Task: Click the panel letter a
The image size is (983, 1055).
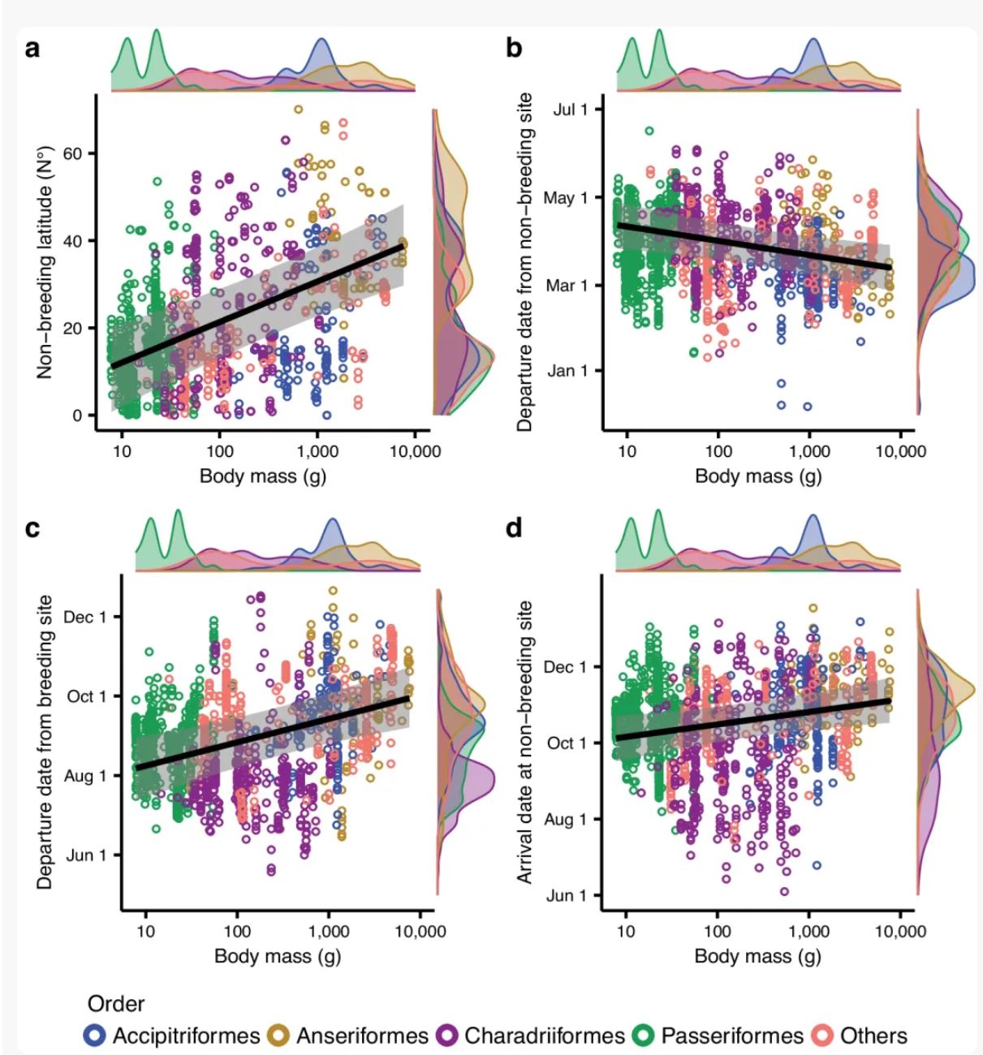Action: click(x=32, y=49)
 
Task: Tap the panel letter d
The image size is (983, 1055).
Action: click(x=515, y=528)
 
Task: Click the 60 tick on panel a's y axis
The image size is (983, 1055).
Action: click(x=73, y=153)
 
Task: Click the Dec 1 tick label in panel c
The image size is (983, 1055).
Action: click(x=84, y=618)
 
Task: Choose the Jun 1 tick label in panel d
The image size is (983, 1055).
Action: click(x=566, y=896)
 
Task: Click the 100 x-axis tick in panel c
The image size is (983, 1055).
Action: click(x=237, y=931)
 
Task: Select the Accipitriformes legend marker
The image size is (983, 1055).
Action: click(x=96, y=1036)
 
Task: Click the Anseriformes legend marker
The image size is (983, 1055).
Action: click(x=280, y=1036)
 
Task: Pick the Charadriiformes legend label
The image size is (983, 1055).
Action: click(x=544, y=1036)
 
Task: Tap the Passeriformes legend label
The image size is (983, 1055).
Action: click(x=731, y=1036)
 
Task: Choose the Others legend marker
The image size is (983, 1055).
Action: click(x=824, y=1036)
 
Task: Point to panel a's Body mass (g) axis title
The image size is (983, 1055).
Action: click(x=263, y=476)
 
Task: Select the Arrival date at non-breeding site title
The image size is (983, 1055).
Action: click(x=525, y=742)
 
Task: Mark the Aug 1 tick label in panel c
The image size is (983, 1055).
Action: click(x=84, y=776)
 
